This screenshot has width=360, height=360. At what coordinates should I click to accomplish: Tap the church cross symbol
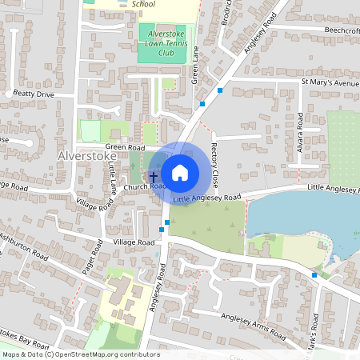coord(154,174)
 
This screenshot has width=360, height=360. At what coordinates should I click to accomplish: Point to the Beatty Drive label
coord(34,94)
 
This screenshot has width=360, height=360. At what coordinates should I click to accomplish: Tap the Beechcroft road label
coord(341,30)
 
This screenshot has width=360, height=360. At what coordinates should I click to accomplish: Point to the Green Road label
coord(125,147)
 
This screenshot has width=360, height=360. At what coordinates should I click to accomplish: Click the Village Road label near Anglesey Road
coord(133,242)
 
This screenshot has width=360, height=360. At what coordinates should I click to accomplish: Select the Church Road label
coord(144,187)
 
